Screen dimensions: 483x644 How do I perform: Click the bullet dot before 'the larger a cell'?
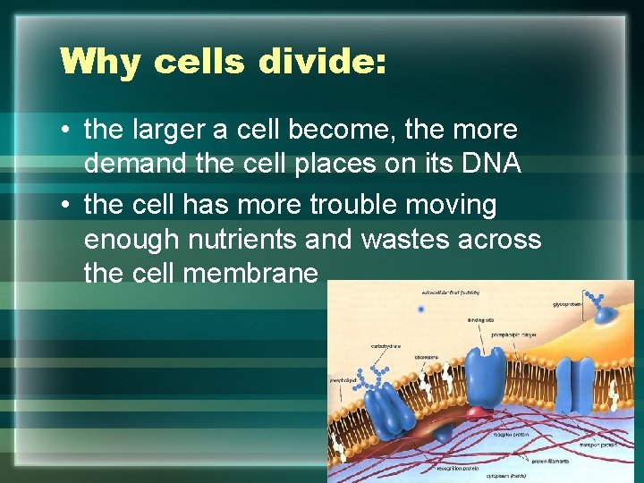tap(66, 131)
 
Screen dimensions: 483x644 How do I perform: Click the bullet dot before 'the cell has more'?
tap(66, 205)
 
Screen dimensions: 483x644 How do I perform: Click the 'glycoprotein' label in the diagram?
tap(567, 304)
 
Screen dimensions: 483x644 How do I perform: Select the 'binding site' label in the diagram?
tap(480, 320)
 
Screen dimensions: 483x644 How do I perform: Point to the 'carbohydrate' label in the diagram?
tap(386, 345)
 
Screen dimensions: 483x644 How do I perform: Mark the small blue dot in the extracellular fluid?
tap(420, 309)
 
